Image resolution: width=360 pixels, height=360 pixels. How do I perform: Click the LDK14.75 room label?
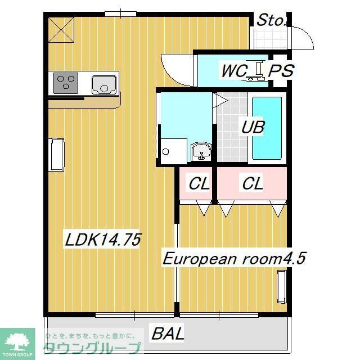click(102, 240)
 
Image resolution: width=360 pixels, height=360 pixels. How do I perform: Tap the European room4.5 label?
click(234, 259)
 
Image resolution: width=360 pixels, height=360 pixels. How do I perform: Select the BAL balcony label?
click(168, 334)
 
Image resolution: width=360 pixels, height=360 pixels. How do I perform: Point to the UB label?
click(253, 127)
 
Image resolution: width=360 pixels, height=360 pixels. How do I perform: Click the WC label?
click(232, 71)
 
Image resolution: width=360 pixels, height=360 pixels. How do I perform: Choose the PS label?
click(280, 71)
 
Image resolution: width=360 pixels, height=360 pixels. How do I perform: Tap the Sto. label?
click(272, 20)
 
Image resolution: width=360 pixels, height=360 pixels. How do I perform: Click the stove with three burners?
click(67, 84)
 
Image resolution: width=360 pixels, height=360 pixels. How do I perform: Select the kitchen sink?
click(104, 84)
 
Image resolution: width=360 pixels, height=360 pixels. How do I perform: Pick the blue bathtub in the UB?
click(267, 128)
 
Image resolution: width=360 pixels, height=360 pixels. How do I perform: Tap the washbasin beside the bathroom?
click(201, 151)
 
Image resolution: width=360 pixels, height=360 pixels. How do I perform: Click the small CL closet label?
click(199, 183)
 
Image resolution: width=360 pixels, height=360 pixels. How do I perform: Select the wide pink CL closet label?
click(252, 183)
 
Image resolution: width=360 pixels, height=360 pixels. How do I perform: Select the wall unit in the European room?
click(282, 286)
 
